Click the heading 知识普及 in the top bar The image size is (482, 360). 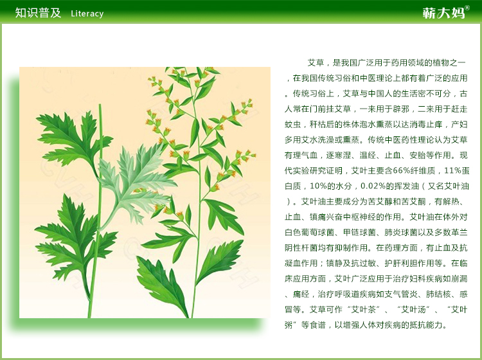[x=38, y=13]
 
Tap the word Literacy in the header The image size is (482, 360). [x=87, y=14]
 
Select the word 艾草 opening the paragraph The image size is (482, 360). [x=316, y=62]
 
